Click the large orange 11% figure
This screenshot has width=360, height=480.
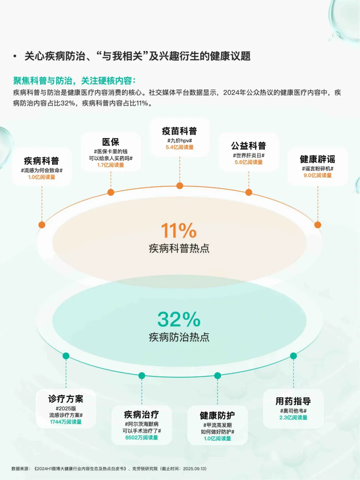(x=179, y=230)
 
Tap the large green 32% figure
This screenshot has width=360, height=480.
(x=179, y=319)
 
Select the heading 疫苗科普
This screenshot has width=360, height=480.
(x=179, y=131)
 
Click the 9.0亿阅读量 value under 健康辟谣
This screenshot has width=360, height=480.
(x=317, y=175)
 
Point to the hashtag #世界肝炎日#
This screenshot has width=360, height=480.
(x=249, y=155)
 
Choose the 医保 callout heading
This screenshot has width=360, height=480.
(x=111, y=142)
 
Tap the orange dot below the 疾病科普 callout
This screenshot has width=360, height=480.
(x=42, y=225)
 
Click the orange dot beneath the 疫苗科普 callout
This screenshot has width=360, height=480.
(x=180, y=186)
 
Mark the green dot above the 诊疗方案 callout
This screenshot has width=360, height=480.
(x=66, y=356)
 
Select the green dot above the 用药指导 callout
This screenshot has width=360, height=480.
(x=293, y=356)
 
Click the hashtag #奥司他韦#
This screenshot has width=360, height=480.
(x=293, y=411)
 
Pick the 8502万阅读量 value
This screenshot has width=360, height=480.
(x=142, y=437)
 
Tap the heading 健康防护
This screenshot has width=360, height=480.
(x=217, y=415)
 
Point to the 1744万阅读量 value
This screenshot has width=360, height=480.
(x=66, y=422)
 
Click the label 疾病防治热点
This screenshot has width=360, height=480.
(x=179, y=337)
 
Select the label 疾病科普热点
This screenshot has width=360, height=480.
(x=179, y=248)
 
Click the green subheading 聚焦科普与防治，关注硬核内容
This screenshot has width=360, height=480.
(x=74, y=81)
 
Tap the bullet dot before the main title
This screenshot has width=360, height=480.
(x=15, y=56)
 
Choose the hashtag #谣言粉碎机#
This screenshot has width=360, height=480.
(x=317, y=169)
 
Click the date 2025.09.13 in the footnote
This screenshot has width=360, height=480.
(x=194, y=469)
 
